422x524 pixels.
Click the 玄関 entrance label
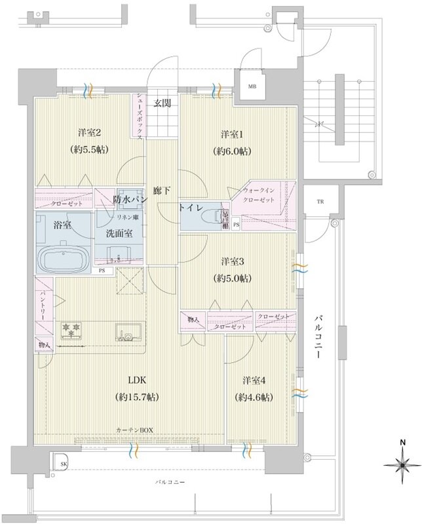(x=163, y=102)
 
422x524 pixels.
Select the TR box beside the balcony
(x=320, y=201)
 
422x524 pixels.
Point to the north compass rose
(x=400, y=466)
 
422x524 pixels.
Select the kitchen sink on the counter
(x=125, y=332)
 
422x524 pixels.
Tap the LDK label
(x=137, y=381)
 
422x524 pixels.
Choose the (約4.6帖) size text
(x=252, y=397)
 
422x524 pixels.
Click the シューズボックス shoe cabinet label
(x=140, y=115)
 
